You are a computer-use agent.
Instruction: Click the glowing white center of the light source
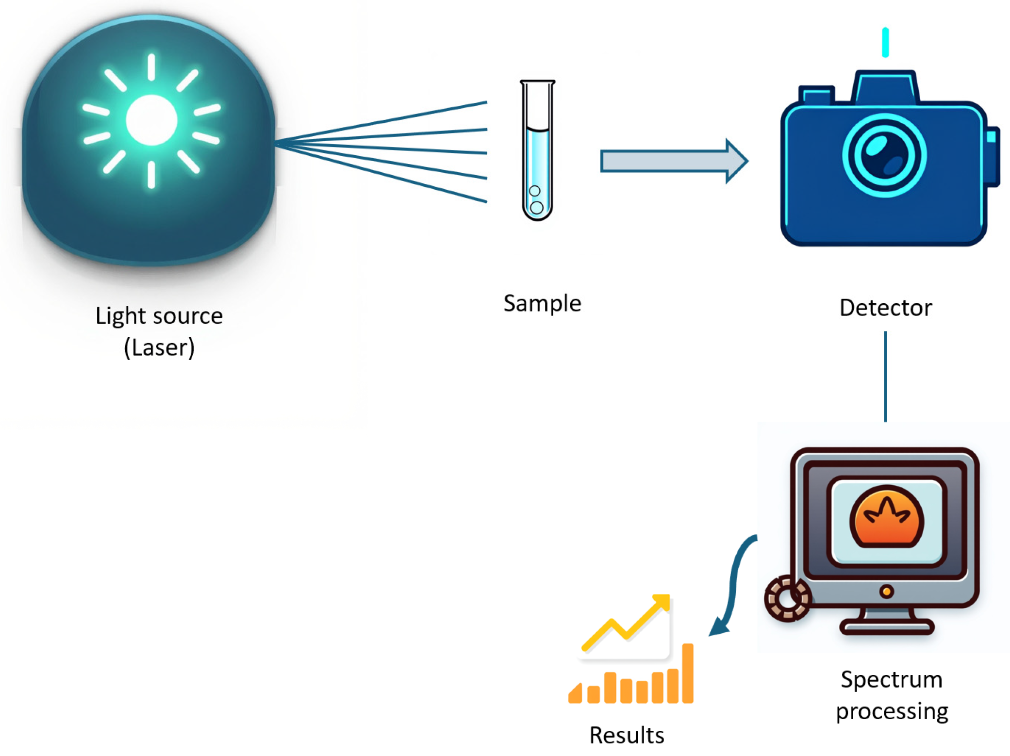tap(151, 120)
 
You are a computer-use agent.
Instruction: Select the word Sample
tap(542, 304)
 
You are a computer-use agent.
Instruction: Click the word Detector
tap(885, 308)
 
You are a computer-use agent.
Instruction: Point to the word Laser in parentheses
tap(159, 348)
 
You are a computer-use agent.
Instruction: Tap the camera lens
tap(884, 156)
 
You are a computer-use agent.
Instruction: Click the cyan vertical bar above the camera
tap(885, 43)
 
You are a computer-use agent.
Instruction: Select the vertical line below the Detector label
tap(885, 376)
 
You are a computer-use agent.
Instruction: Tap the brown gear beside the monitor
tap(787, 598)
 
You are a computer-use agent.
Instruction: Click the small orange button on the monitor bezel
tap(886, 592)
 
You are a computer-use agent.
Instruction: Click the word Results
tap(627, 735)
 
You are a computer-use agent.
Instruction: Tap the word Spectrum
tap(892, 679)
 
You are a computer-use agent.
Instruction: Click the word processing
tap(892, 711)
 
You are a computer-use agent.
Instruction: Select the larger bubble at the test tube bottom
tap(536, 208)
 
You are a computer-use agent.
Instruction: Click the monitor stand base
tap(886, 627)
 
